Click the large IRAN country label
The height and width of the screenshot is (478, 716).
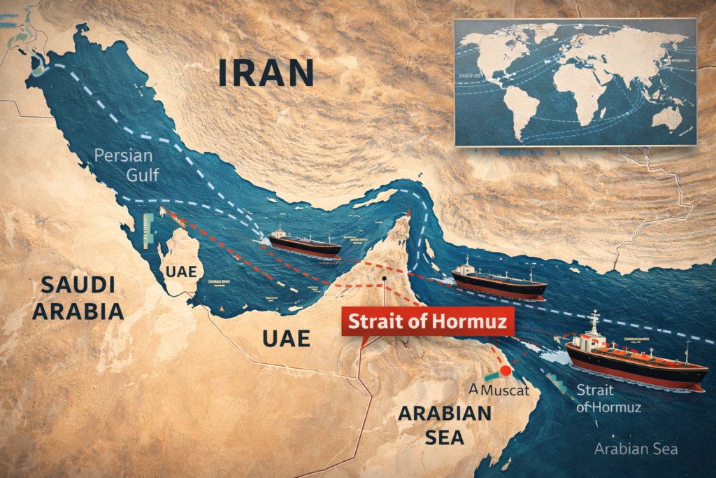[265, 72]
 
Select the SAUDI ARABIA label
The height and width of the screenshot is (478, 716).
[78, 297]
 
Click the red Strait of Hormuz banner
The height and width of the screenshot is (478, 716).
[428, 322]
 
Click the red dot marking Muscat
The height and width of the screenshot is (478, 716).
[506, 371]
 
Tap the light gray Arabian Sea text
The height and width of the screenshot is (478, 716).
[636, 449]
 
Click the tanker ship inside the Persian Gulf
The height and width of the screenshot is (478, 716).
[304, 244]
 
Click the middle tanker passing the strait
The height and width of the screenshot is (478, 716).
[498, 281]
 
